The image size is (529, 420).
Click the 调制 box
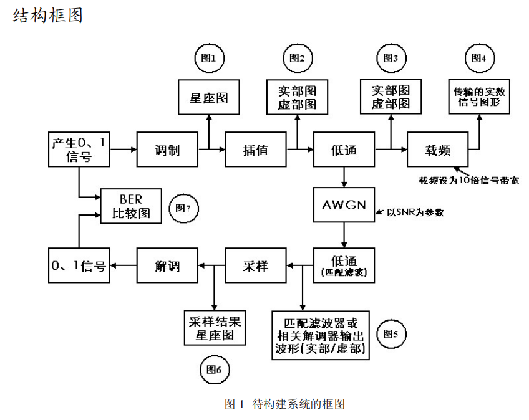tap(167, 150)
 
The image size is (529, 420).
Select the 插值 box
tap(255, 150)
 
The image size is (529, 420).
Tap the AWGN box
tap(344, 206)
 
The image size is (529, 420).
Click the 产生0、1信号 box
tap(79, 150)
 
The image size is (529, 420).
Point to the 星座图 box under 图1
tap(209, 97)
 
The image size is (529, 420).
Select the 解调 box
tap(167, 266)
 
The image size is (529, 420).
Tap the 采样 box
tap(255, 266)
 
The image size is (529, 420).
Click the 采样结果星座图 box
tap(215, 328)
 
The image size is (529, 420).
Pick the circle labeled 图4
tap(479, 58)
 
